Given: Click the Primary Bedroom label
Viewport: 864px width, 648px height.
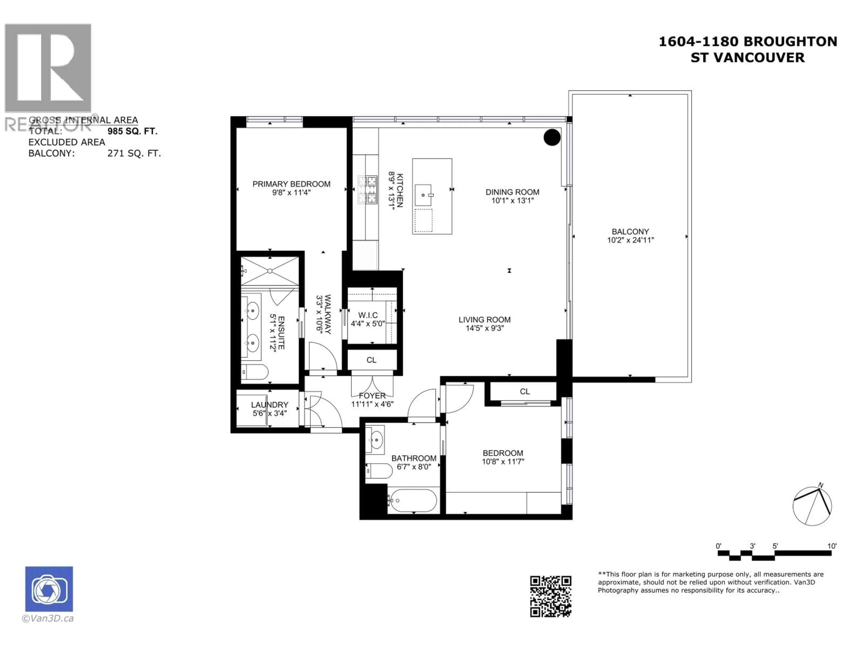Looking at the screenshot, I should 291,184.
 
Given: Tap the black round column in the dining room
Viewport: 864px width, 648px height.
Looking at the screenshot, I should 552,137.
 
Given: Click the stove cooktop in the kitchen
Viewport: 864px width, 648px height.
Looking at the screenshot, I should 368,189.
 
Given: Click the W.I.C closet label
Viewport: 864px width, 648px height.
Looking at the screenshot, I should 368,315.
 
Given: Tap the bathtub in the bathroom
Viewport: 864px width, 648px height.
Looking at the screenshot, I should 413,500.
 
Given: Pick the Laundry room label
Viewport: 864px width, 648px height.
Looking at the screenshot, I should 270,405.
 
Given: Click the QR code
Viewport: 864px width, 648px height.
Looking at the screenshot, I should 550,596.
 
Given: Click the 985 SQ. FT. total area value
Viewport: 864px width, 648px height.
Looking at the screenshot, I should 132,131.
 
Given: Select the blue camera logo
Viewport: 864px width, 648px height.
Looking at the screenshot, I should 49,589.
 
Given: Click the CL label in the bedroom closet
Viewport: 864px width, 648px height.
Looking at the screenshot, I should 524,391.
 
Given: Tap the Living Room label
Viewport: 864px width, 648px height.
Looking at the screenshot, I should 484,319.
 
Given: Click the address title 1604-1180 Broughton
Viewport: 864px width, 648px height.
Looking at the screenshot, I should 748,41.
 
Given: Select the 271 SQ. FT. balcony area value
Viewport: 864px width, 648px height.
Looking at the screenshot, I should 134,153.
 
